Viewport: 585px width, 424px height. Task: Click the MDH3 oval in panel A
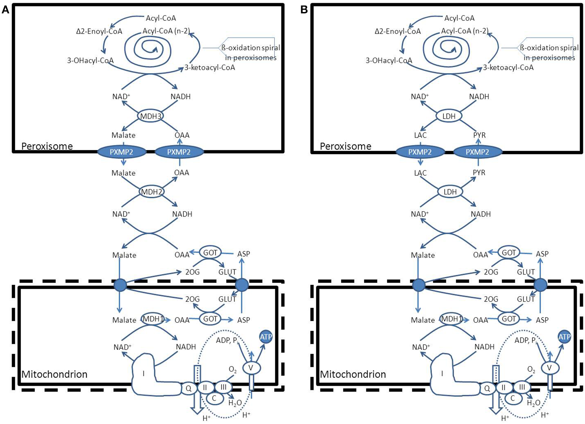pyautogui.click(x=151, y=116)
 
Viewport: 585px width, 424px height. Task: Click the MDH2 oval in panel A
pyautogui.click(x=152, y=192)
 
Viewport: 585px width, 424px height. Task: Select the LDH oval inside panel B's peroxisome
pyautogui.click(x=449, y=116)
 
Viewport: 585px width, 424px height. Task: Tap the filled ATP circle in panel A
pyautogui.click(x=266, y=337)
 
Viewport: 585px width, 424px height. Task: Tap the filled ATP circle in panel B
pyautogui.click(x=564, y=337)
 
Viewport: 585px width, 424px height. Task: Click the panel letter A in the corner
pyautogui.click(x=5, y=10)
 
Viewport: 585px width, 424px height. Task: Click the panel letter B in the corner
pyautogui.click(x=304, y=10)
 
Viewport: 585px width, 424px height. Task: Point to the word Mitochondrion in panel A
pyautogui.click(x=54, y=374)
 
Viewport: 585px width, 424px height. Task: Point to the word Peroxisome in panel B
pyautogui.click(x=346, y=146)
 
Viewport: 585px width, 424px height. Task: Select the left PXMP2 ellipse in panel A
pyautogui.click(x=122, y=152)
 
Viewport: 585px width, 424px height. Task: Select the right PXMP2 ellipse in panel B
pyautogui.click(x=477, y=152)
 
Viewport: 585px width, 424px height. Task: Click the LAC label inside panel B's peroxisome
pyautogui.click(x=420, y=135)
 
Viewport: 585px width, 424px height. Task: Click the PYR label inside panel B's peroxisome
pyautogui.click(x=479, y=135)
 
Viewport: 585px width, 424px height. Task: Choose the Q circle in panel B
pyautogui.click(x=487, y=388)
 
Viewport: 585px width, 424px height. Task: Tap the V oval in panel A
pyautogui.click(x=251, y=368)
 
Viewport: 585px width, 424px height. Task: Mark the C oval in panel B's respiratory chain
pyautogui.click(x=513, y=398)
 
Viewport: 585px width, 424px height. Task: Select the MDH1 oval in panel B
pyautogui.click(x=452, y=319)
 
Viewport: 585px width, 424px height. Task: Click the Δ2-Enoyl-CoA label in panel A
pyautogui.click(x=99, y=31)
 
